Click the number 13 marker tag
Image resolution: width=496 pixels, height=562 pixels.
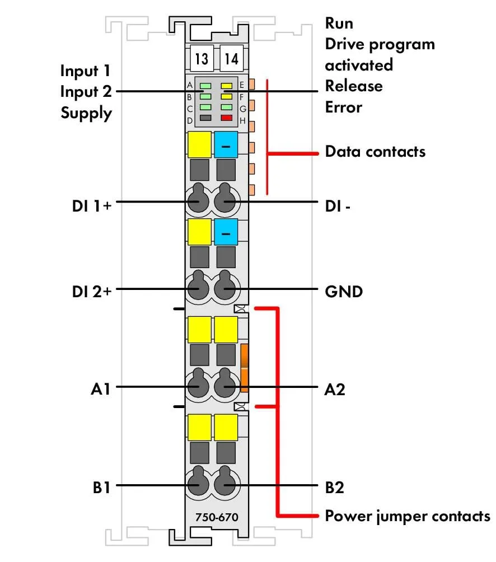pos(202,58)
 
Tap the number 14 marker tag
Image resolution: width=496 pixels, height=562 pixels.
pos(231,58)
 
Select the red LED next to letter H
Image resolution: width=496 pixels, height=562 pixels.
pos(227,118)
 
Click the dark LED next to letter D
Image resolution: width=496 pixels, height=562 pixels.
pos(205,118)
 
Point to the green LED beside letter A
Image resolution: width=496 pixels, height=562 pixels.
pos(205,86)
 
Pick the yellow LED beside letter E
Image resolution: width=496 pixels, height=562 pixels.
pos(227,86)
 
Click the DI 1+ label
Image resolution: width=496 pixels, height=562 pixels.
pos(92,206)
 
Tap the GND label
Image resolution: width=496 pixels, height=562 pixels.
pos(344,292)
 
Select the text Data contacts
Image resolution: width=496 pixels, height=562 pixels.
pos(375,152)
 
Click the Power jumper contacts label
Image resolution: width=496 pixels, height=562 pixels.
pos(408,517)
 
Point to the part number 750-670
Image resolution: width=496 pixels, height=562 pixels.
pos(217,517)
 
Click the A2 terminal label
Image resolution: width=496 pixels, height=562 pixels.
pos(335,389)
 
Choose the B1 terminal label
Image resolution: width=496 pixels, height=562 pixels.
pos(101,488)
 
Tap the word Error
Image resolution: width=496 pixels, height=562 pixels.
pos(343,107)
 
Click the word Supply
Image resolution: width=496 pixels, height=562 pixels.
pos(86,113)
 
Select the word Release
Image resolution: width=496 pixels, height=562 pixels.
pos(354,86)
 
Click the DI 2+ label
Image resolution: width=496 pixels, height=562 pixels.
pos(92,292)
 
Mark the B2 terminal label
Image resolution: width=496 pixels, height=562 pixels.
pos(334,488)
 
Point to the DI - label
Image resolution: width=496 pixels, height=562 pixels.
pos(338,206)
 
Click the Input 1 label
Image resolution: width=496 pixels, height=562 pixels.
pos(85,71)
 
